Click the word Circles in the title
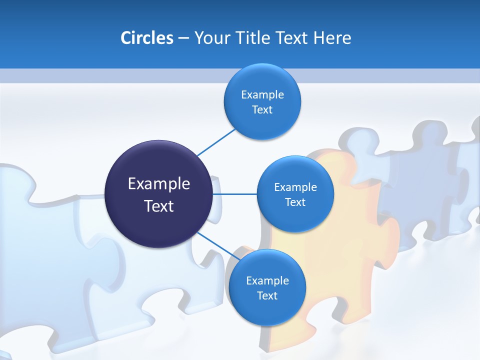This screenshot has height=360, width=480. pos(146,38)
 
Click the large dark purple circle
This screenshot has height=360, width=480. pos(159,165)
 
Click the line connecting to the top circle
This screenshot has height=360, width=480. pos(216,142)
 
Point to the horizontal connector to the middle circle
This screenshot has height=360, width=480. pos(234,194)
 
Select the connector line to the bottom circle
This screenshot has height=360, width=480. pos(217,245)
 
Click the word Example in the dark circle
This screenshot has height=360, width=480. pos(159,184)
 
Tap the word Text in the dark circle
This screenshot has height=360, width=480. pos(159,206)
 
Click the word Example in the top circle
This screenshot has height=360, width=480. pos(262,94)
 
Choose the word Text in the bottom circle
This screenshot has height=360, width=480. pos(267,295)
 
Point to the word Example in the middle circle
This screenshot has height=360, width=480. pos(295,187)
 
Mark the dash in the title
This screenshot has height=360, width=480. pos(183,38)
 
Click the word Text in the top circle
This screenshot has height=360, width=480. pos(262,109)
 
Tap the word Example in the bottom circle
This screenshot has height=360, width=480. pos(267,280)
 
